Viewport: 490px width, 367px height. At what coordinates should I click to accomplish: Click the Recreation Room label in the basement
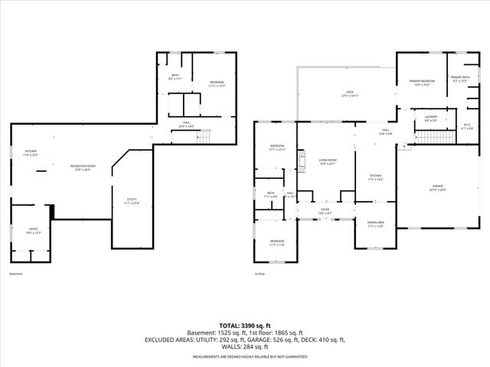pos(83,167)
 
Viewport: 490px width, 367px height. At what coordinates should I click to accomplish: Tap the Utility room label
pos(132,201)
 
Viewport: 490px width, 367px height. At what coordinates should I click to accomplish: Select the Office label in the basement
pos(33,229)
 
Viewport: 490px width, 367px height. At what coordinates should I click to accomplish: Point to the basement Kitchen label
pos(31,153)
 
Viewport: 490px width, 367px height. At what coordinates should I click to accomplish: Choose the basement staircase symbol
pos(203,136)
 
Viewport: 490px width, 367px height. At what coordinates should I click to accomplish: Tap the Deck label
pos(349,95)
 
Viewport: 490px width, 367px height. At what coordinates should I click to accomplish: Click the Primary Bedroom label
pos(422,82)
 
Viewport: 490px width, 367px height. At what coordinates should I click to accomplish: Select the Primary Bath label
pos(460,79)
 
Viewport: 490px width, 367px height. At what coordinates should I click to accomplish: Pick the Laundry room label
pos(431,119)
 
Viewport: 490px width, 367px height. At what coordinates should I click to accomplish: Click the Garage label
pos(436,187)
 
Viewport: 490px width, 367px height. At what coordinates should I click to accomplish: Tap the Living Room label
pos(328,161)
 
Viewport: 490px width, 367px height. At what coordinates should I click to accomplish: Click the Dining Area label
pos(375,225)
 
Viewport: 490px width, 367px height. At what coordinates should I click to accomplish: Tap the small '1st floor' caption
pos(260,273)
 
